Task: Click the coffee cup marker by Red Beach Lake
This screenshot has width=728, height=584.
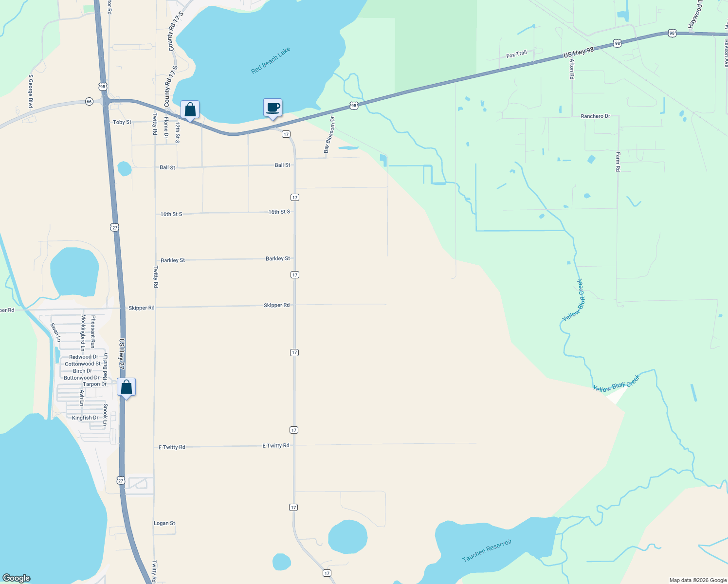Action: (x=273, y=108)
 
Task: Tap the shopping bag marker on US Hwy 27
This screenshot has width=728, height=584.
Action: (x=126, y=387)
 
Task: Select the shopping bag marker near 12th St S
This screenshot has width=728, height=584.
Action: (x=190, y=110)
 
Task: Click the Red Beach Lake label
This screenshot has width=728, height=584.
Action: (x=271, y=61)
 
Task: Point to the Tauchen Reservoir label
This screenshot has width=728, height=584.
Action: (x=487, y=550)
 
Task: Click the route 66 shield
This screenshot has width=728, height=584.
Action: (x=89, y=101)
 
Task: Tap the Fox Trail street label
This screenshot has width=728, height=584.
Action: (x=516, y=55)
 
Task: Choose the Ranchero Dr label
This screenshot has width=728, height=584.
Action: (x=595, y=116)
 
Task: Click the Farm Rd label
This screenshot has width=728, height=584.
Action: (x=618, y=162)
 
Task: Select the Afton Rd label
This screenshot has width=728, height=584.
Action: (x=572, y=69)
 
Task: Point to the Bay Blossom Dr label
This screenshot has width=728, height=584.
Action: (x=329, y=135)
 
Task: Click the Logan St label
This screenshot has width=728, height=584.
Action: (x=164, y=523)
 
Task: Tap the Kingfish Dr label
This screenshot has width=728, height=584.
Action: (x=85, y=418)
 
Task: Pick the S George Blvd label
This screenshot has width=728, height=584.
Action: (x=31, y=91)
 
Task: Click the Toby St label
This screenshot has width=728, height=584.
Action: (x=122, y=122)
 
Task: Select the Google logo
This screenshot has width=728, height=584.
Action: (x=17, y=578)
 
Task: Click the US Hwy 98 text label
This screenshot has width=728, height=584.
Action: (x=578, y=53)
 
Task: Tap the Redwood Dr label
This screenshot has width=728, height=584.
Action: (x=84, y=357)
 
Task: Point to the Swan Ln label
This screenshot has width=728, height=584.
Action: (x=55, y=332)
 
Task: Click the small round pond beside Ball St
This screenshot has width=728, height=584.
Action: (x=125, y=169)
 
